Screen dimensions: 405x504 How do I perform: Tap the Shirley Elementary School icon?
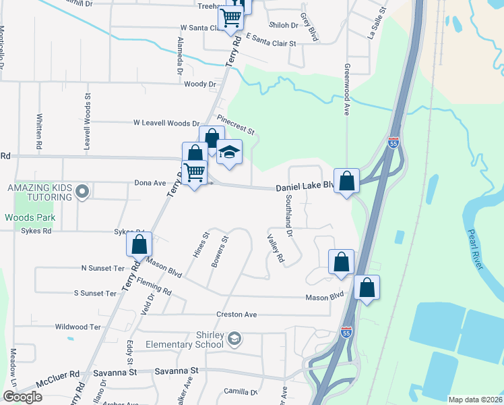(234, 338)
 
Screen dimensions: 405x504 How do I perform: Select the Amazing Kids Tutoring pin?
(82, 192)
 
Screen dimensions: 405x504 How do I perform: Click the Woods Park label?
(30, 218)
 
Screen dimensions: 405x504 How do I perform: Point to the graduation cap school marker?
(229, 153)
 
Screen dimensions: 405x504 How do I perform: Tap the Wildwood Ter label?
(77, 327)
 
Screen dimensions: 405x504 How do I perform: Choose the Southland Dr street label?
(288, 216)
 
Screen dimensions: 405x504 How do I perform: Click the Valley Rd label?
(276, 249)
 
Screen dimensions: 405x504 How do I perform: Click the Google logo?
(22, 396)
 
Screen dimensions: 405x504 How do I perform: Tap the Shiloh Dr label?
(284, 25)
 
